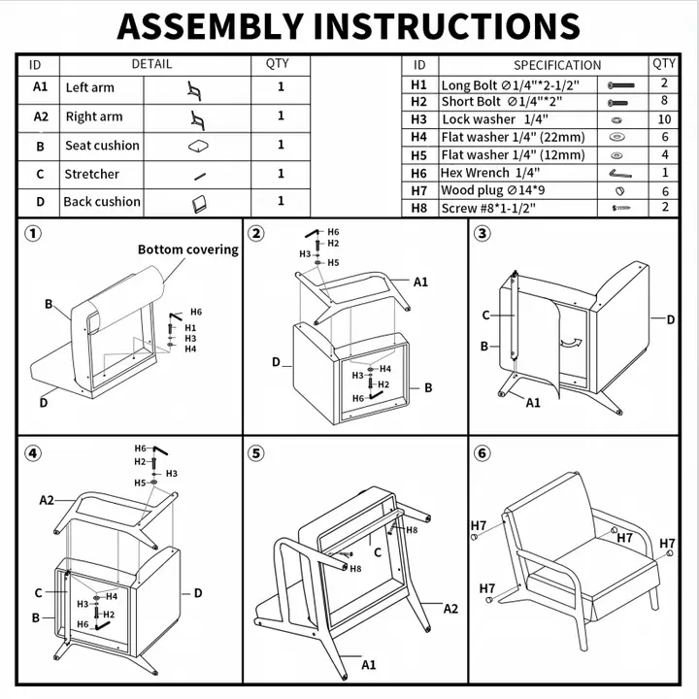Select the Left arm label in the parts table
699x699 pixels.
coord(89,87)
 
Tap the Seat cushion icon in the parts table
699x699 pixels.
coord(198,146)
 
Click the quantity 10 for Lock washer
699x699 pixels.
coord(664,119)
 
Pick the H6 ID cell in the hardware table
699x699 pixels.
coord(418,172)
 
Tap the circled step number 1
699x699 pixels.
coord(34,234)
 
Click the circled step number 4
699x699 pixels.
coord(34,453)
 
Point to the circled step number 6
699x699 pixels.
coord(483,453)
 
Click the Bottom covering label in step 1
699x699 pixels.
coord(187,250)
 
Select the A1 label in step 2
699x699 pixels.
coord(420,282)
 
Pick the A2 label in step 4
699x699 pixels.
coord(47,500)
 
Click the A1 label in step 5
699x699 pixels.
coord(368,665)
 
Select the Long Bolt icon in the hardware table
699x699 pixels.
coord(620,85)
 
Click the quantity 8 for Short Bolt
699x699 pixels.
coord(664,101)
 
